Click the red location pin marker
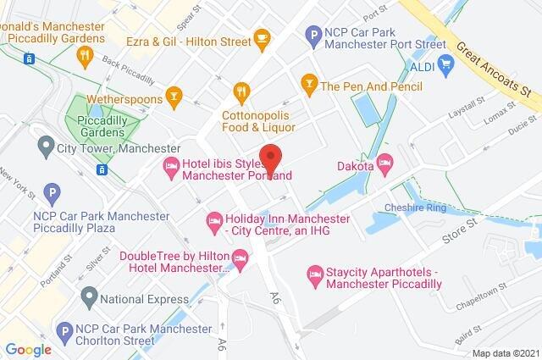270,158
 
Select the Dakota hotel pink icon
386,163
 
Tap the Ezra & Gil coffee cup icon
263,39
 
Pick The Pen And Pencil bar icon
307,82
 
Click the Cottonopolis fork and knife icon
242,91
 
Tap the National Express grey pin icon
89,297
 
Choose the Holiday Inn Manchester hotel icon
213,224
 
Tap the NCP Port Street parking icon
310,36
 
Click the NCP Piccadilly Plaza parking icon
52,193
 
